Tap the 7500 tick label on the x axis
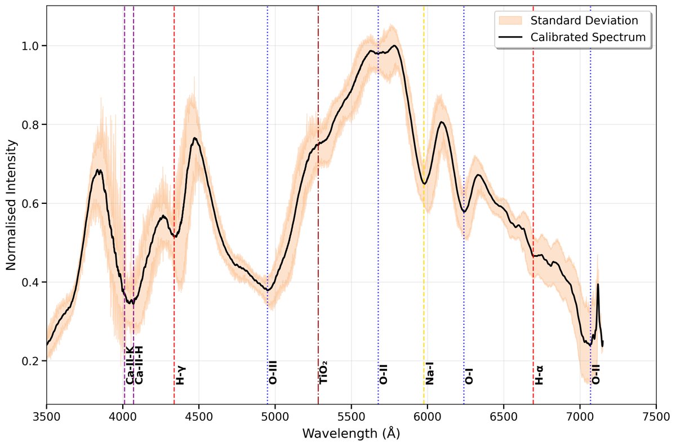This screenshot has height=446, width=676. pos(656,417)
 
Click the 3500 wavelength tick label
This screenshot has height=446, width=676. pos(47,417)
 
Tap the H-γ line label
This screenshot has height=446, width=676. pos(181,374)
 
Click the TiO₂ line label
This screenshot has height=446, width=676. pos(324,372)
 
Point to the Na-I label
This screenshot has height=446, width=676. pos(430,373)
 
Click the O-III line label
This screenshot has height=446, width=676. pos(273,372)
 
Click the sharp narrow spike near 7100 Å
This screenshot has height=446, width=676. pos(598,284)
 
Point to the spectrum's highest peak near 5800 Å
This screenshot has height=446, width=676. pos(395,46)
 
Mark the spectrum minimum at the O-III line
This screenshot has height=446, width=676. pos(269,290)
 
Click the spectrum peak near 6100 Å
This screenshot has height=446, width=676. pos(443,122)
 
